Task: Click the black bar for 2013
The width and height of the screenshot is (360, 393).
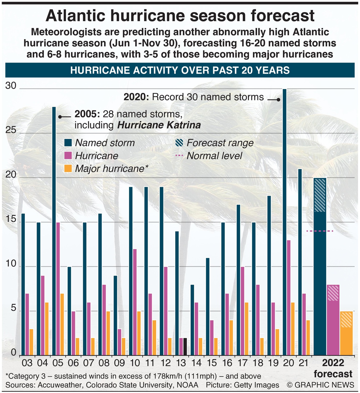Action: pyautogui.click(x=185, y=347)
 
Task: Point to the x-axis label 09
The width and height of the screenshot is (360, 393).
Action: pyautogui.click(x=119, y=363)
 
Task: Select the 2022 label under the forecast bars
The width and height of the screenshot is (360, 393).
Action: pyautogui.click(x=333, y=363)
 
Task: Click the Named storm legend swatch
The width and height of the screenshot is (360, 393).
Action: pyautogui.click(x=68, y=143)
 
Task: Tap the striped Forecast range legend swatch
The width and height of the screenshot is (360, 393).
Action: pyautogui.click(x=179, y=143)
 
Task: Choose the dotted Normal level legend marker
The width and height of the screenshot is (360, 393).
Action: pyautogui.click(x=179, y=156)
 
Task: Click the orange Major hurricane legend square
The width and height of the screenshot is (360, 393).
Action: pyautogui.click(x=68, y=168)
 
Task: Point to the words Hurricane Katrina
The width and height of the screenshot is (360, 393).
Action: pyautogui.click(x=159, y=125)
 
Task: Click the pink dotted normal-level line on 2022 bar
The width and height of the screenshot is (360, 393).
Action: pyautogui.click(x=320, y=231)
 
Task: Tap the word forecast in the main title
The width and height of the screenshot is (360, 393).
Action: pyautogui.click(x=281, y=16)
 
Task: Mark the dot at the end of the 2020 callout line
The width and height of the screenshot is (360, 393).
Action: pyautogui.click(x=279, y=100)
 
